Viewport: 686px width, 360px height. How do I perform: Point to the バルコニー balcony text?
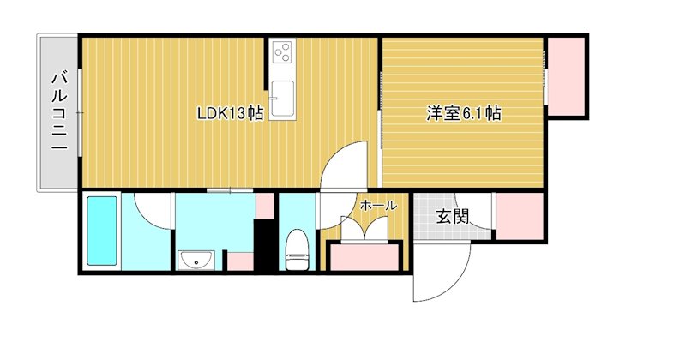pos(58,111)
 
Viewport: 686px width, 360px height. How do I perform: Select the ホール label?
pos(377,206)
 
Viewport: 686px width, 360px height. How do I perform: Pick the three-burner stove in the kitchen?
pos(281,55)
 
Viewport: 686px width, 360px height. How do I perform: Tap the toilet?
pos(297,249)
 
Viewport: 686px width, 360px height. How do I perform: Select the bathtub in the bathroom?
pos(102,232)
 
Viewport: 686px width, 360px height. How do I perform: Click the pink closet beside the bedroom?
pos(567,76)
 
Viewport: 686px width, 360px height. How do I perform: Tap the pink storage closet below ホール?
pos(365,257)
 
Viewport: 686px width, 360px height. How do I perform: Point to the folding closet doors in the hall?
pos(365,230)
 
